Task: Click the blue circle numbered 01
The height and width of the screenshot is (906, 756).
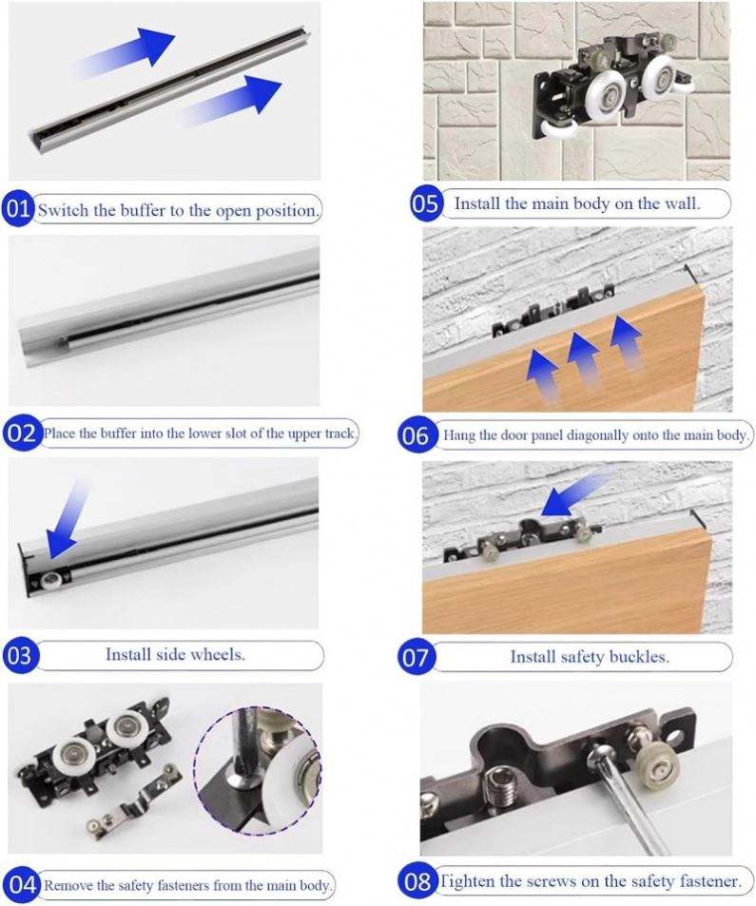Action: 18,209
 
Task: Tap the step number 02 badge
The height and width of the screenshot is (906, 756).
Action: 21,433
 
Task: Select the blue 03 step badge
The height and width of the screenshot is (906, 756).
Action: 20,655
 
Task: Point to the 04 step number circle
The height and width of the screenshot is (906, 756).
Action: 22,884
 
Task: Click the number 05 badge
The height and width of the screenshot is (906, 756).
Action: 425,203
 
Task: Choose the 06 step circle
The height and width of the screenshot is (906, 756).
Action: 416,435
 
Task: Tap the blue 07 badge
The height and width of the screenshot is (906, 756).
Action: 415,657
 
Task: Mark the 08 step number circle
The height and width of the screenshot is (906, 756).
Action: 417,881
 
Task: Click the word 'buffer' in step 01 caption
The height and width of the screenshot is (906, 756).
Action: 143,210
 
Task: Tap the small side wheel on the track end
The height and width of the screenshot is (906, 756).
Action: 52,580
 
